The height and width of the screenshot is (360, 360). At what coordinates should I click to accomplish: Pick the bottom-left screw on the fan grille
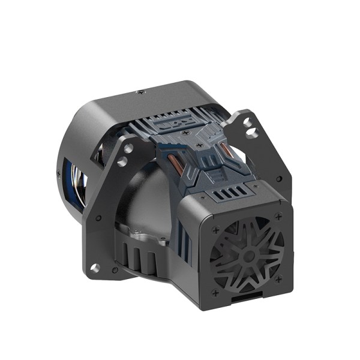[x=215, y=292]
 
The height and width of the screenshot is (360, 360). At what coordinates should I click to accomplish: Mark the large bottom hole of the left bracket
[x=95, y=268]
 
